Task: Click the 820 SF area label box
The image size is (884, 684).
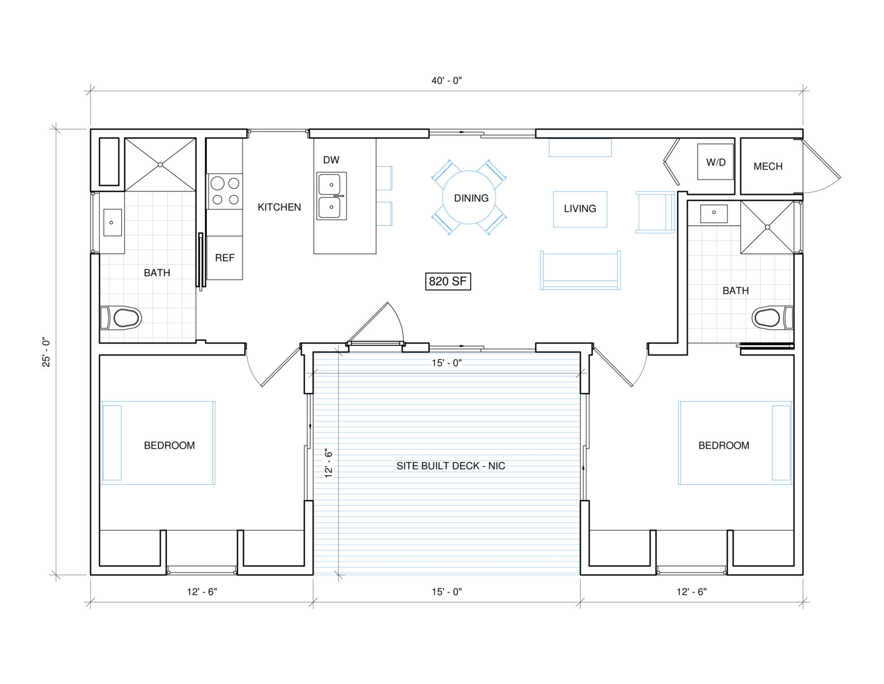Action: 447,281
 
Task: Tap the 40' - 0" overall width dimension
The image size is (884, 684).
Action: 447,81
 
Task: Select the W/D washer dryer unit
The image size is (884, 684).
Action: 715,162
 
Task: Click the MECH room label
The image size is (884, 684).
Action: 767,166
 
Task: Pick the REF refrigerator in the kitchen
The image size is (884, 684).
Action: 224,258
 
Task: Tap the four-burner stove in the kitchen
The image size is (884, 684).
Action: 224,191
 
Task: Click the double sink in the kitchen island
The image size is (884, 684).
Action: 331,196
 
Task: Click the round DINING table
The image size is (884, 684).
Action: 471,198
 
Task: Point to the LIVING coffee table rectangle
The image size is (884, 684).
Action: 580,209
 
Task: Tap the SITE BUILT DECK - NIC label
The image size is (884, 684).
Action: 450,466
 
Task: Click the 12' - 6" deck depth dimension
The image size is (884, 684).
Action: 329,463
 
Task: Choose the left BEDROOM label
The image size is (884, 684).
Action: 169,445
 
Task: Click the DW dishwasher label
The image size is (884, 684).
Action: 331,160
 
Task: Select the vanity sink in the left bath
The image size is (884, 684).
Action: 112,222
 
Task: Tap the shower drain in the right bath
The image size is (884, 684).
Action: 767,227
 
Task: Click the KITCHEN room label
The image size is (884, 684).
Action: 279,207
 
